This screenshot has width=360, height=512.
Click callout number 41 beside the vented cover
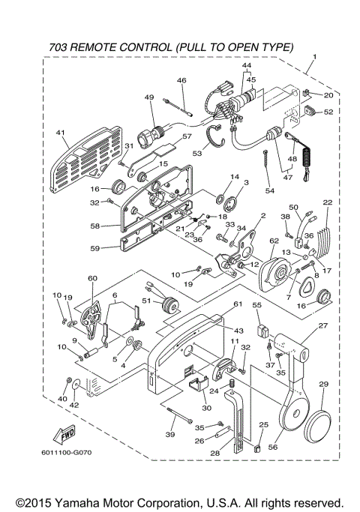(x=61, y=133)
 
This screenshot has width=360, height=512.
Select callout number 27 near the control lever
(x=323, y=326)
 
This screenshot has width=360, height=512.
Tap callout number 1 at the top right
(x=314, y=58)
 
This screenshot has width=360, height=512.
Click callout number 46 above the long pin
(x=181, y=80)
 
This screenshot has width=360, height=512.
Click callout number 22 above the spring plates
(x=327, y=202)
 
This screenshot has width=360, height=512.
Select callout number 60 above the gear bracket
(x=93, y=277)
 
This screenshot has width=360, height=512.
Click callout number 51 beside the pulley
(x=147, y=302)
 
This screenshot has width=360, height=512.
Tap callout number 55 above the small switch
(x=256, y=307)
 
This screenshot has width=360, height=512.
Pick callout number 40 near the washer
(x=62, y=398)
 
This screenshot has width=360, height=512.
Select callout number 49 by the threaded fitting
(x=149, y=98)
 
